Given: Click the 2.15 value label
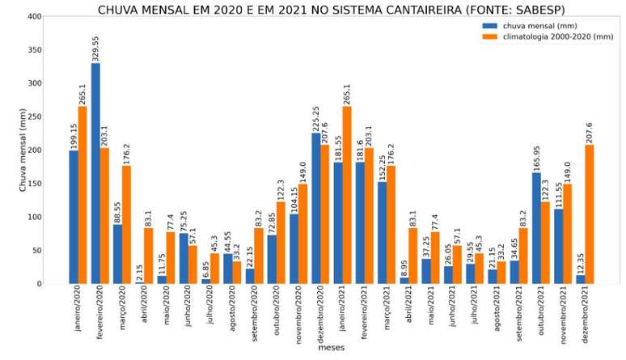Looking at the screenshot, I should coord(140,270).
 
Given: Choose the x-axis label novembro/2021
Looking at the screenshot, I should coord(559,316).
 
